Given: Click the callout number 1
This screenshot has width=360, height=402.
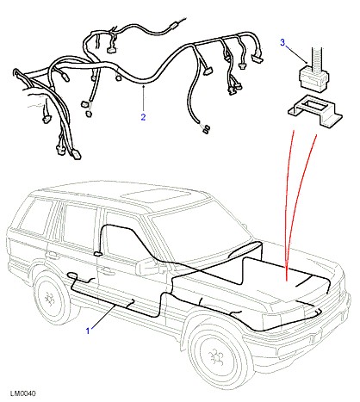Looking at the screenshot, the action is click(88, 331).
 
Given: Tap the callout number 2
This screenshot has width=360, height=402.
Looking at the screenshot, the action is click(143, 117).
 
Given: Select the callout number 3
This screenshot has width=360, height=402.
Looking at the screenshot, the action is click(282, 42).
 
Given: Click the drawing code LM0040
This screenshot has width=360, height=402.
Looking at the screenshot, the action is click(23, 393).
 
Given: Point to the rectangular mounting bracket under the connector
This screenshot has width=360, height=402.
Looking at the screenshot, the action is click(315, 110).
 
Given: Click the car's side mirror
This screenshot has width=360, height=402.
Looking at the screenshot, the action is click(148, 267).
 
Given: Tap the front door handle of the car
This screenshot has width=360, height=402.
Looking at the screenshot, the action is click(105, 269).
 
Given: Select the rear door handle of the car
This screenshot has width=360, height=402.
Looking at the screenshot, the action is click(52, 255).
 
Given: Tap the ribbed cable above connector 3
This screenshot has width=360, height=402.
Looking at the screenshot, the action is click(317, 59).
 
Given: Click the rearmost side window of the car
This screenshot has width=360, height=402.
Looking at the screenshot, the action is click(36, 216).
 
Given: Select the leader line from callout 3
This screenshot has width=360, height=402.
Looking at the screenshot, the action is click(296, 53).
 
